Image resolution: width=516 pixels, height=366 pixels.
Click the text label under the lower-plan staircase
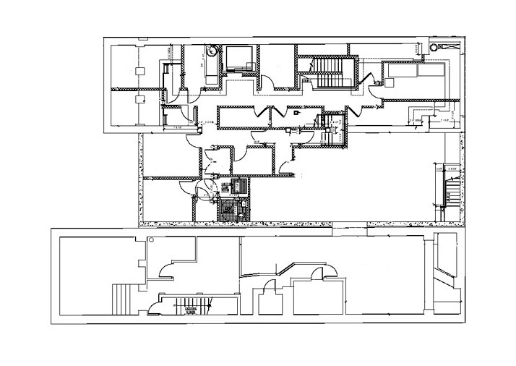point(191,312)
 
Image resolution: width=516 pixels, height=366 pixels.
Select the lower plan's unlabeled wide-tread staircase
point(121,298)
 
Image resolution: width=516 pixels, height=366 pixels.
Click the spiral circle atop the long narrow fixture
point(211,52)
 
